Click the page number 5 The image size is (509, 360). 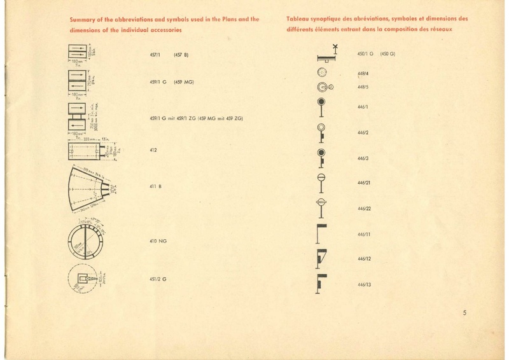465,312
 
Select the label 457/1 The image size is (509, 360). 155,55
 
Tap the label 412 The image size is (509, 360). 153,151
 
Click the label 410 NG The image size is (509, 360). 157,242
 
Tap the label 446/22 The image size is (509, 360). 365,209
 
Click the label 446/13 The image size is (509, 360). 365,284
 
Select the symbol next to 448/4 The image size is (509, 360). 321,73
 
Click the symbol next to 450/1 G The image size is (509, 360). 327,53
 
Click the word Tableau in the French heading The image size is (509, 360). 300,20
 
